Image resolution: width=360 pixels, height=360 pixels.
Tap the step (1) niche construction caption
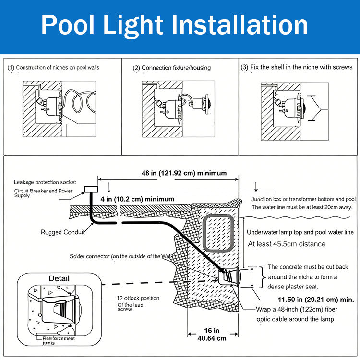pyautogui.click(x=53, y=68)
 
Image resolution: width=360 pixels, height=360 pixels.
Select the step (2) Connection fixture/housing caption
pyautogui.click(x=171, y=68)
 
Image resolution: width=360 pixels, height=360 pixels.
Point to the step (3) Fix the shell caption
pyautogui.click(x=296, y=68)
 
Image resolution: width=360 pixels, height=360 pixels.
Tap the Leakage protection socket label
pyautogui.click(x=46, y=182)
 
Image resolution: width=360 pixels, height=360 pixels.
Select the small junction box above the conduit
pyautogui.click(x=90, y=190)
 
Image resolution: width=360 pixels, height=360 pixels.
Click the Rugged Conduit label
pyautogui.click(x=62, y=233)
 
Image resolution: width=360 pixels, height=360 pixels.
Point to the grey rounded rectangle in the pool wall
pyautogui.click(x=218, y=232)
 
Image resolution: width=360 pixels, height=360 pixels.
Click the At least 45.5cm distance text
pyautogui.click(x=286, y=244)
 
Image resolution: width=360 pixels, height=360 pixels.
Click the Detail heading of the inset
pyautogui.click(x=59, y=278)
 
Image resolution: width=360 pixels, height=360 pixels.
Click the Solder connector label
pyautogui.click(x=122, y=257)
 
